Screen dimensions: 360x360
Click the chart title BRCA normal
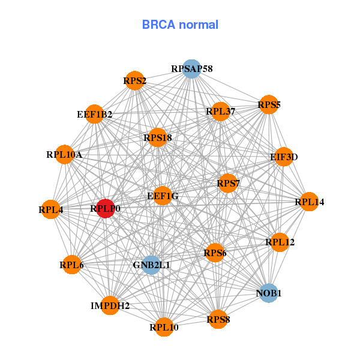pos(180,25)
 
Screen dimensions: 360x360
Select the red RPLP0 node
pos(106,209)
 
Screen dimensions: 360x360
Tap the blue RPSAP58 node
pos(191,69)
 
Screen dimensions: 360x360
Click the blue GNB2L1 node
pos(151,265)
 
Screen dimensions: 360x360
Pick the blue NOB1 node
pos(268,293)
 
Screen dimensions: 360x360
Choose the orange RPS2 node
pos(134,80)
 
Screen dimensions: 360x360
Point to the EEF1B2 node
pos(95,114)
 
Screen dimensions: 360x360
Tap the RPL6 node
pos(71,265)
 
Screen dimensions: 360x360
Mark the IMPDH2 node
pos(110,305)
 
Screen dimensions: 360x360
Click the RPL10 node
pos(164,327)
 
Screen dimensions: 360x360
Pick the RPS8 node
pos(218,319)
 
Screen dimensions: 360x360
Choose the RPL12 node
pos(280,242)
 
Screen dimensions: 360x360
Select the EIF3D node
pos(283,157)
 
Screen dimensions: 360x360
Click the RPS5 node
pos(269,105)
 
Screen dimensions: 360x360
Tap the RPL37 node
pos(220,111)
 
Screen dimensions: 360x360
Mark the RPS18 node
pos(158,138)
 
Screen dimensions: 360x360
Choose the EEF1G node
pos(163,196)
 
